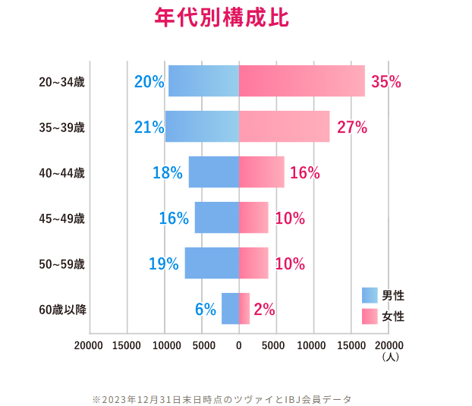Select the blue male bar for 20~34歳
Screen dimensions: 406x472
pyautogui.click(x=203, y=81)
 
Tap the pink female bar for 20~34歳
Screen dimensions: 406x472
pyautogui.click(x=301, y=81)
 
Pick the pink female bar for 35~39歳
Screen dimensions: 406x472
pyautogui.click(x=284, y=127)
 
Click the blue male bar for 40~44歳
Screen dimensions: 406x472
pyautogui.click(x=213, y=172)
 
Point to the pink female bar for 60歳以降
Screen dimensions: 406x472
pyautogui.click(x=244, y=309)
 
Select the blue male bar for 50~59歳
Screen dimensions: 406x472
pyautogui.click(x=212, y=263)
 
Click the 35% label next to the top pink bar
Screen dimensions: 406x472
pyautogui.click(x=385, y=82)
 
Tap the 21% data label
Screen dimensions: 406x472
pyautogui.click(x=149, y=127)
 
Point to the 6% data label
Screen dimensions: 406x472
pyautogui.click(x=205, y=310)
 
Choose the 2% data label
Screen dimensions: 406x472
pyautogui.click(x=264, y=310)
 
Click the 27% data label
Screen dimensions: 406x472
pyautogui.click(x=351, y=127)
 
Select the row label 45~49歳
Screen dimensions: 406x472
pyautogui.click(x=61, y=219)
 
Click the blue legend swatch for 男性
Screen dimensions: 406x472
pyautogui.click(x=370, y=295)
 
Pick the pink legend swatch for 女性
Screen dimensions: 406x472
pyautogui.click(x=370, y=316)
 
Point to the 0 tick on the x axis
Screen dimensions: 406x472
pyautogui.click(x=239, y=345)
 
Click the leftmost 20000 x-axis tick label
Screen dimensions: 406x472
pyautogui.click(x=89, y=345)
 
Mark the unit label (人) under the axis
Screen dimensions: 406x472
pyautogui.click(x=391, y=356)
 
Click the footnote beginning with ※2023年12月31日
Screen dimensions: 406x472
pyautogui.click(x=222, y=398)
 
